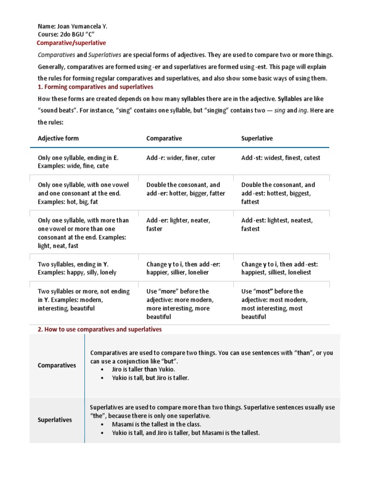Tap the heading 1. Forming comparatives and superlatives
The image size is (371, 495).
tap(95, 87)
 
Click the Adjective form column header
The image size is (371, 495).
tap(58, 138)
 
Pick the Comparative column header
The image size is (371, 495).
tap(164, 138)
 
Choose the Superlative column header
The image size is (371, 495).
tap(257, 138)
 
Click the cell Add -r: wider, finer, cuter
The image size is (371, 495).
tap(181, 158)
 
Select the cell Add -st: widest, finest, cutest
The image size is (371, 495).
tap(280, 158)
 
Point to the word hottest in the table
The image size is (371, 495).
tap(274, 193)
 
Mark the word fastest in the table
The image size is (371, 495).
tap(250, 229)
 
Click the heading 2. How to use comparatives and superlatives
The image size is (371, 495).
tap(100, 329)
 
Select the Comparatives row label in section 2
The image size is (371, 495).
tap(57, 365)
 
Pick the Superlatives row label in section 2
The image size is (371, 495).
tap(55, 420)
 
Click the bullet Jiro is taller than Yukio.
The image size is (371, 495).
tap(140, 370)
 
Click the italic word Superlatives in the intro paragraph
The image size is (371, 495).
tap(103, 55)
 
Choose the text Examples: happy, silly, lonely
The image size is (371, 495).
tap(77, 273)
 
